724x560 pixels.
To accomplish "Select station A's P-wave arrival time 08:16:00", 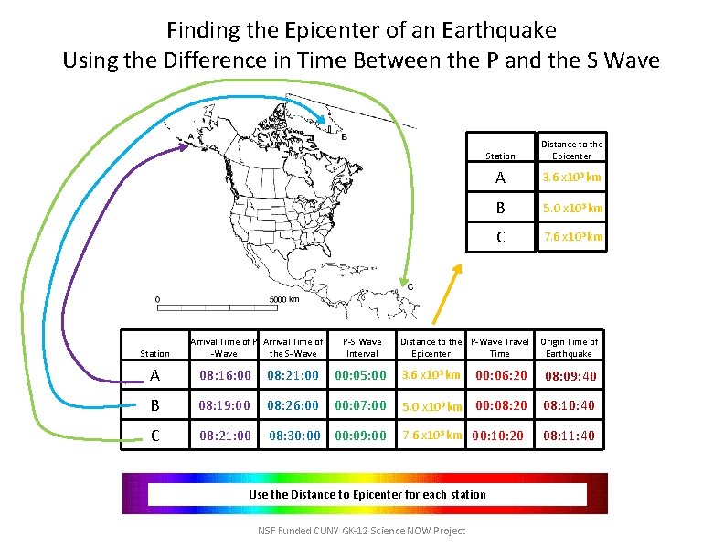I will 225,375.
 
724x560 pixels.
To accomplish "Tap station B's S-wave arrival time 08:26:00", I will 293,404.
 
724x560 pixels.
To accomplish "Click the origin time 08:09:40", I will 570,376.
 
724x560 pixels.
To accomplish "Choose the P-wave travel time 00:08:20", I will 499,404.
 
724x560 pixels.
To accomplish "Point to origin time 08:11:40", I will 569,436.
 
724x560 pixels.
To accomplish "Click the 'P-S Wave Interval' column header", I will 363,348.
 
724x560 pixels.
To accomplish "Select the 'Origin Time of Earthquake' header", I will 569,348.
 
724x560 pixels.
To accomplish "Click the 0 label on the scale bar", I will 157,299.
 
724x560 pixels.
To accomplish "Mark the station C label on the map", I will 410,287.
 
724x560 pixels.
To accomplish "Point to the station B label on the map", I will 344,139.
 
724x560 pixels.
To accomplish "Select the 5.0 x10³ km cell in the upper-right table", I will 572,208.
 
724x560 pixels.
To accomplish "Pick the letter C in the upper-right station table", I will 499,237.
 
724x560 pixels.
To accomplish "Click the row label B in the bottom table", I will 154,404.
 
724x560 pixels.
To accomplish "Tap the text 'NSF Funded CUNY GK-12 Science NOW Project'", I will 361,531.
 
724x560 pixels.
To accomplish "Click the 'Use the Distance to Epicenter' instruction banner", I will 367,494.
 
